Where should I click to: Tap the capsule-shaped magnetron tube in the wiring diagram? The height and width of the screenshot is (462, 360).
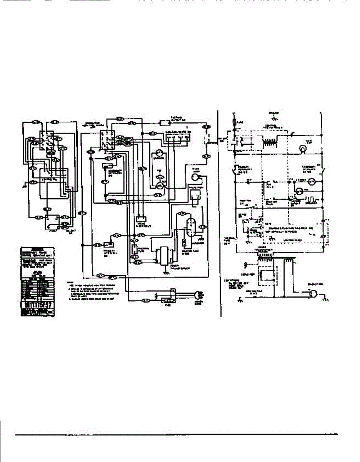click(x=189, y=227)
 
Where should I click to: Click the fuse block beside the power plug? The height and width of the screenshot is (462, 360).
click(x=168, y=300)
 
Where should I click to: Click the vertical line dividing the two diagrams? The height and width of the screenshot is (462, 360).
click(x=218, y=212)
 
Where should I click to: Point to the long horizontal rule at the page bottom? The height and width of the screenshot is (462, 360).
click(x=177, y=435)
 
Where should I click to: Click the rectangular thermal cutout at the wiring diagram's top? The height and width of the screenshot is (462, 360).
click(x=165, y=123)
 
